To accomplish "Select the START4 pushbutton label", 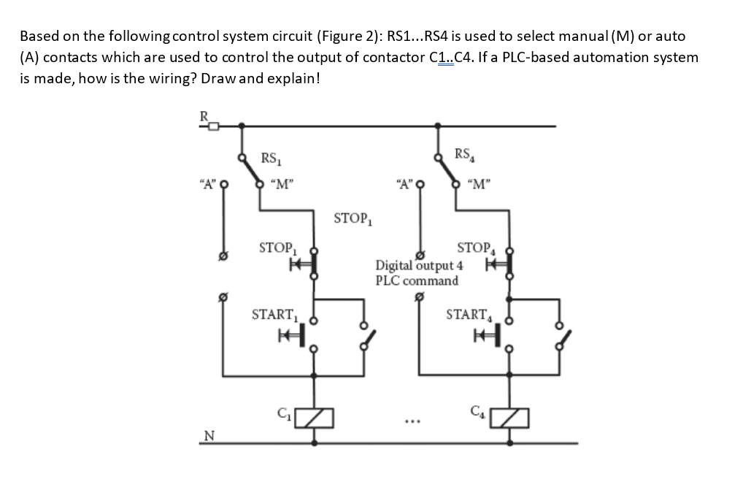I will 467,315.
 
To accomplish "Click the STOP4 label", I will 474,248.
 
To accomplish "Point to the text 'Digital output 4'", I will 419,266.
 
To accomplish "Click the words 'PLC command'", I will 417,280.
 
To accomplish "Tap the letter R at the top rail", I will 206,115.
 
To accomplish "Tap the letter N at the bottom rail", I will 209,436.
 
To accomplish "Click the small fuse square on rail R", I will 213,126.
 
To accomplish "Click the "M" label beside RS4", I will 479,183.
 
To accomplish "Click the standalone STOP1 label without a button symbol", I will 353,218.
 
